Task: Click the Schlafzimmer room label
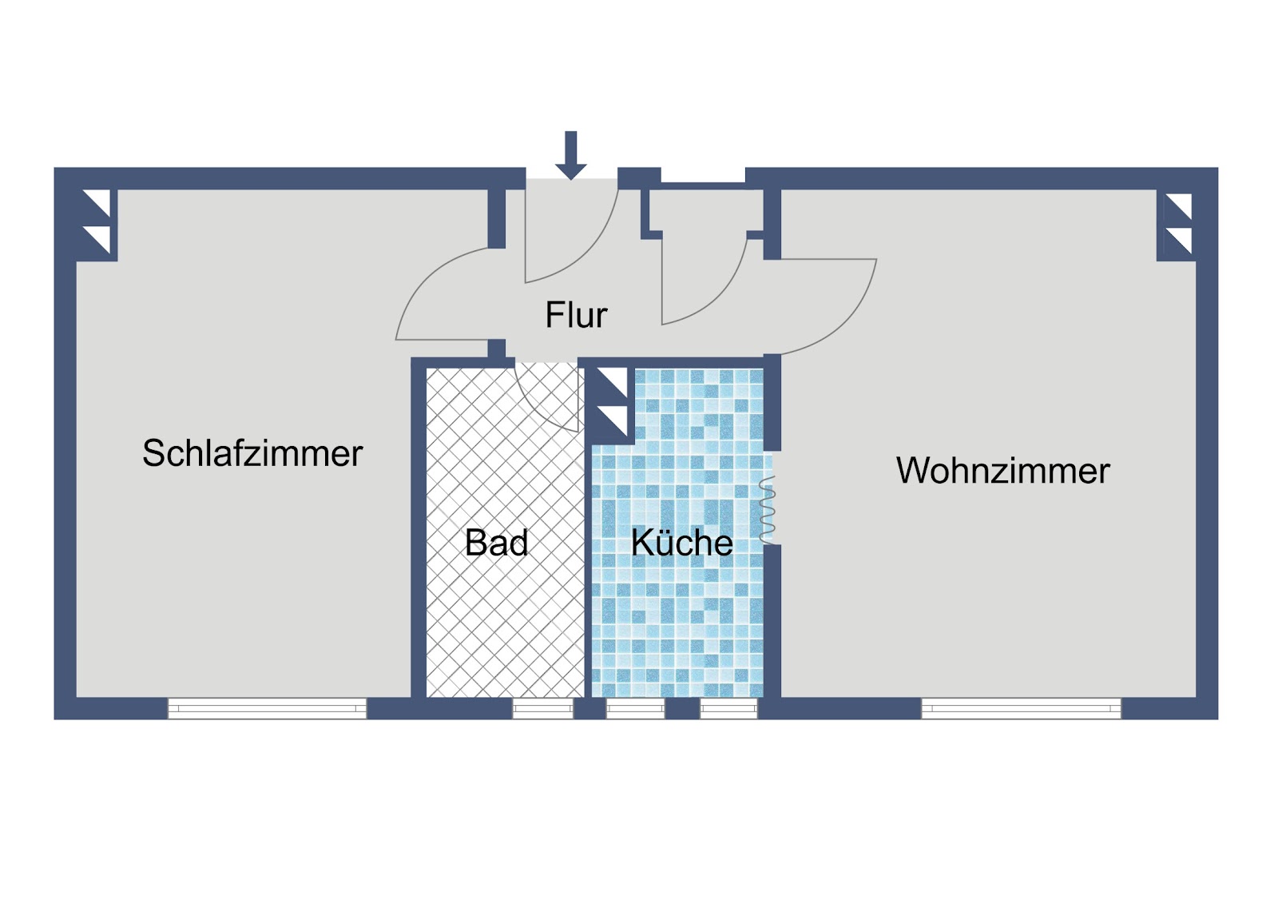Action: [252, 453]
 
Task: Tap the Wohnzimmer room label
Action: [1003, 471]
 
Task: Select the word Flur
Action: [576, 315]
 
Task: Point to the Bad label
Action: [496, 543]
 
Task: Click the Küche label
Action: [682, 542]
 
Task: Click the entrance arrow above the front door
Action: [570, 155]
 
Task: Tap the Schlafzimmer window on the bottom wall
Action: [267, 708]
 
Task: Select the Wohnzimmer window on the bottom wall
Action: [1022, 708]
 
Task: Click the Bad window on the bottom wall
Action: [542, 709]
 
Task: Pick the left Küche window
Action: [636, 709]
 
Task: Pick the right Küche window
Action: [728, 709]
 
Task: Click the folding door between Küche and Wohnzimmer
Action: [767, 510]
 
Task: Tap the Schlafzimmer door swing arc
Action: [443, 294]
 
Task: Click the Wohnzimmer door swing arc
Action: [828, 307]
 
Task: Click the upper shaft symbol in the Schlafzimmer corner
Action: [97, 203]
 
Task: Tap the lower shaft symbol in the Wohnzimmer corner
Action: [1177, 241]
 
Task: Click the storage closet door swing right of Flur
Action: [704, 281]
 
